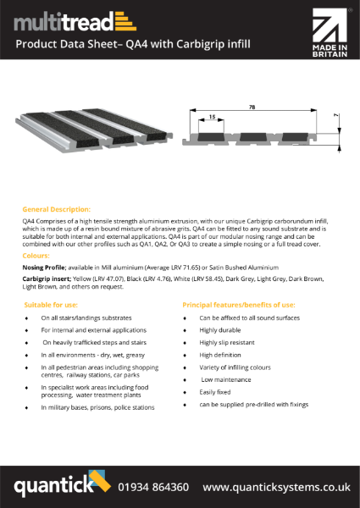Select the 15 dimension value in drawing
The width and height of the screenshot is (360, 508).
(x=212, y=117)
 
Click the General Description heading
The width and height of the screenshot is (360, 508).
(x=57, y=207)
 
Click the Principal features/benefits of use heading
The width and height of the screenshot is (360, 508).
(x=239, y=303)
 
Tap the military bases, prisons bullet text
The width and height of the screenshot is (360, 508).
(x=97, y=407)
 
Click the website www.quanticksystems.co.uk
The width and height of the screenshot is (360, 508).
(x=276, y=488)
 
